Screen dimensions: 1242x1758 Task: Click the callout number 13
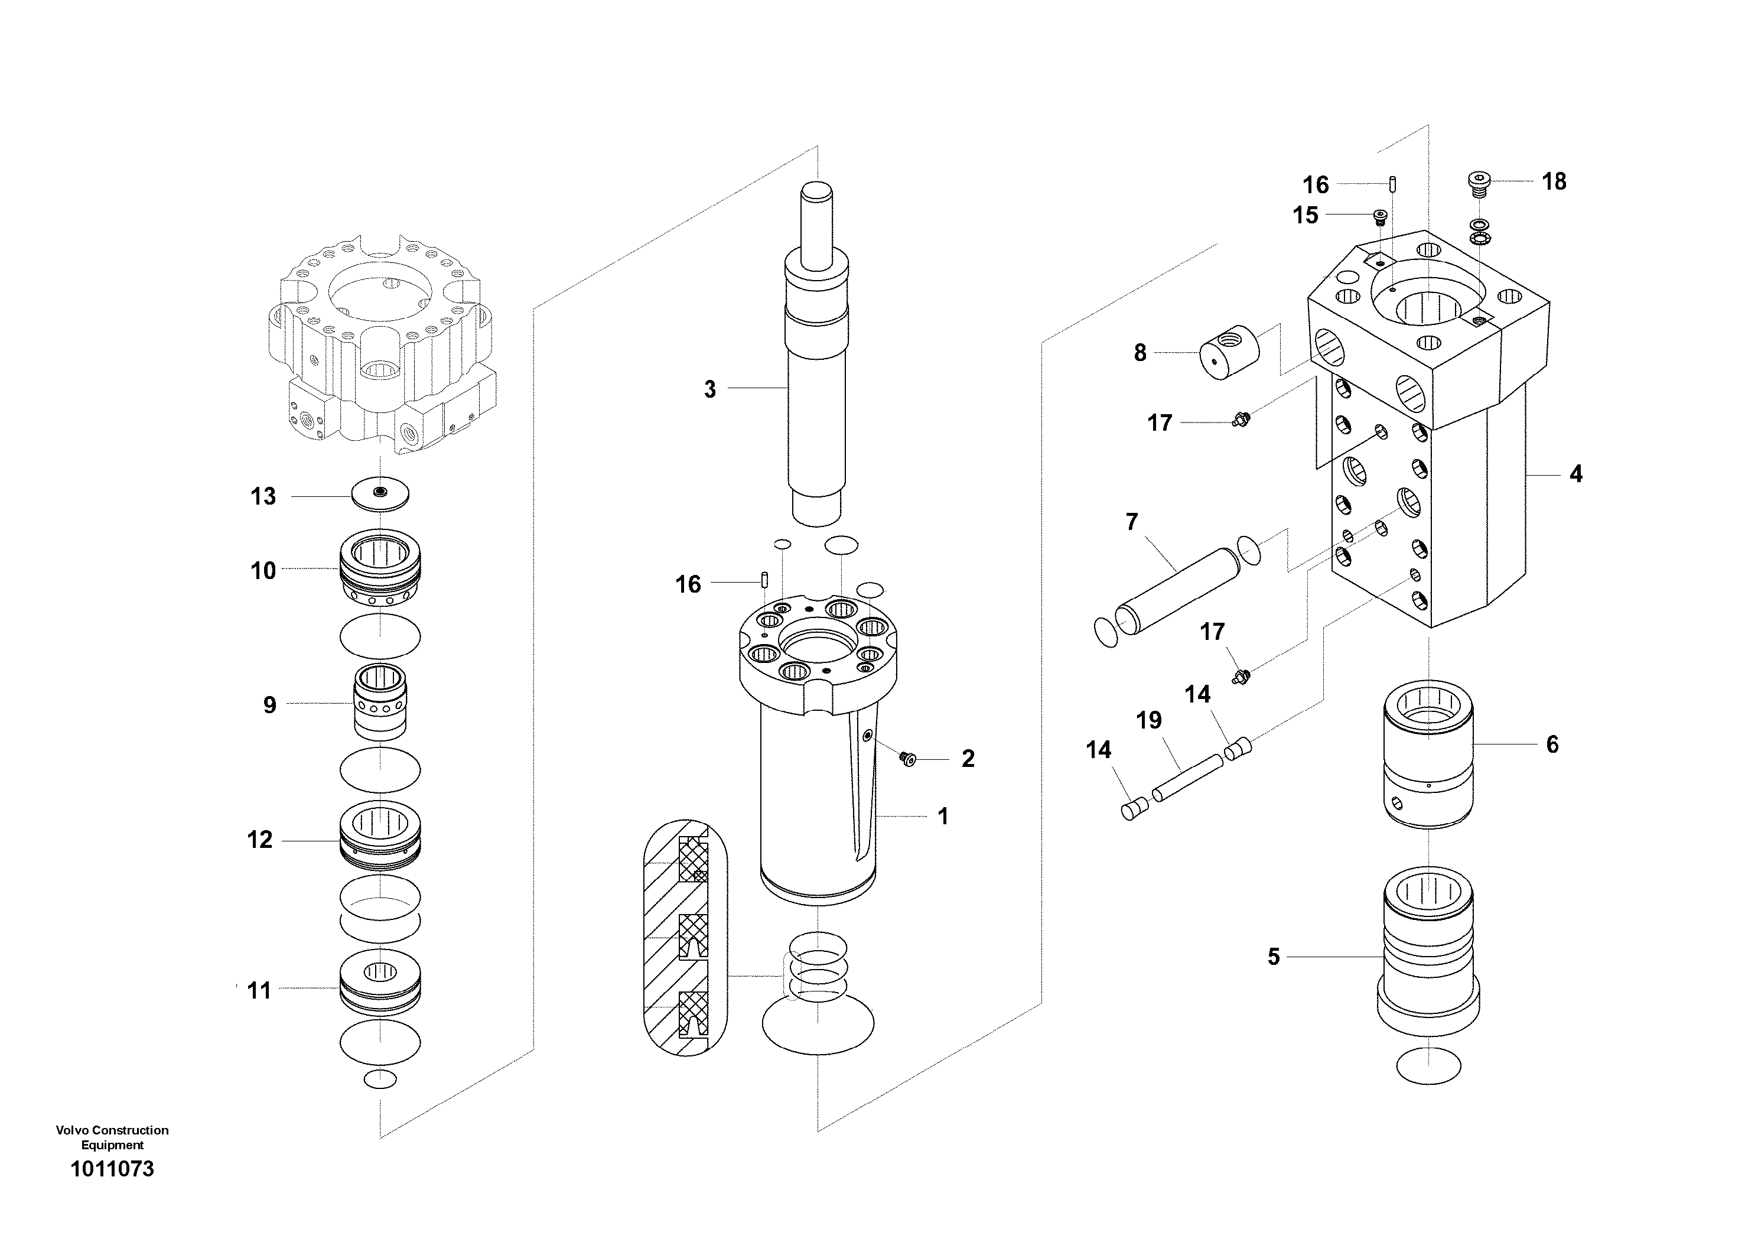[263, 497]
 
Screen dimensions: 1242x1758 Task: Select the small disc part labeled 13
[380, 493]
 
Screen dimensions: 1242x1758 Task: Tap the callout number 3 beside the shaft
[710, 389]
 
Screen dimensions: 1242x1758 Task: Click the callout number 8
[1140, 353]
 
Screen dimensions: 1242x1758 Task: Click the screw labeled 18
[1479, 184]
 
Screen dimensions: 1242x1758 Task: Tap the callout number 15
[1306, 215]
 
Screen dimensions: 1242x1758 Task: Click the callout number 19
[1148, 720]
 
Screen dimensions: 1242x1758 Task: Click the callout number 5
[1274, 957]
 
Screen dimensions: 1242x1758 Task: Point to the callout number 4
[1576, 474]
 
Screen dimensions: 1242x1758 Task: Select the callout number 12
[259, 840]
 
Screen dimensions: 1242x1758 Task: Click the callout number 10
[263, 571]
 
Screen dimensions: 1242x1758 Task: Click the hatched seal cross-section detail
[686, 939]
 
